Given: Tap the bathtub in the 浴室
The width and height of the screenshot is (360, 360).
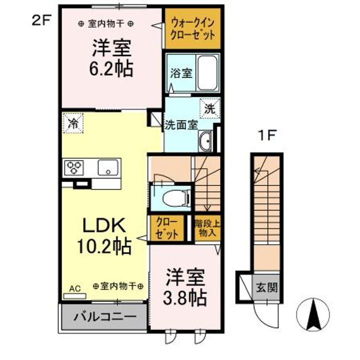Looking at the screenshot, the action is pyautogui.click(x=207, y=73).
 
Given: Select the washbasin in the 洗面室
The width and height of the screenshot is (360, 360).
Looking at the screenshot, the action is pyautogui.click(x=205, y=141).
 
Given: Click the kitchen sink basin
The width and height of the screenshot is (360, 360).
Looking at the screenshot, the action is pyautogui.click(x=108, y=167).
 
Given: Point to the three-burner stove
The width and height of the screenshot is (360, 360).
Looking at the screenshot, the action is pyautogui.click(x=74, y=167).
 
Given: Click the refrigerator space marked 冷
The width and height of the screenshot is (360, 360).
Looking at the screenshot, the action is pyautogui.click(x=73, y=123).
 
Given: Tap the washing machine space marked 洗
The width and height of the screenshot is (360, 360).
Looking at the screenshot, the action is pyautogui.click(x=209, y=108).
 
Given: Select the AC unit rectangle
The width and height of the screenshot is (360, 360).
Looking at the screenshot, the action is pyautogui.click(x=75, y=296).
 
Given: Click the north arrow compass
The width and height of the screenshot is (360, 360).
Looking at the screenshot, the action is pyautogui.click(x=313, y=314).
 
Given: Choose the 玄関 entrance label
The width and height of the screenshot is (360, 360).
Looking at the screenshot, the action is pyautogui.click(x=266, y=287).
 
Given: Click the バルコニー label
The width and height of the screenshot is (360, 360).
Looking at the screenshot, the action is pyautogui.click(x=104, y=317).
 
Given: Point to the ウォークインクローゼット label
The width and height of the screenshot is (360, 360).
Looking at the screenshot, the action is pyautogui.click(x=193, y=29).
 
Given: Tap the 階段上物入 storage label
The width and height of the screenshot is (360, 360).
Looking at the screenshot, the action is pyautogui.click(x=207, y=228).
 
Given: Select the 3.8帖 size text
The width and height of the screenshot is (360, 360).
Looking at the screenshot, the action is pyautogui.click(x=185, y=297).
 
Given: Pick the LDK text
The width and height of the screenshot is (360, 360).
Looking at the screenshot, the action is pyautogui.click(x=104, y=225).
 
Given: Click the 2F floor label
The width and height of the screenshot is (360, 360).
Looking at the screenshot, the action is pyautogui.click(x=41, y=20).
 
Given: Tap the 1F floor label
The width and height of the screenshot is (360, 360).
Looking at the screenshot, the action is pyautogui.click(x=266, y=135).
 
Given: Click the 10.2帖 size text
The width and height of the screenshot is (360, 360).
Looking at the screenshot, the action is pyautogui.click(x=104, y=246).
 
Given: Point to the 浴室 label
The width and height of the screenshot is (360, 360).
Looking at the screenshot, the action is pyautogui.click(x=181, y=73).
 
